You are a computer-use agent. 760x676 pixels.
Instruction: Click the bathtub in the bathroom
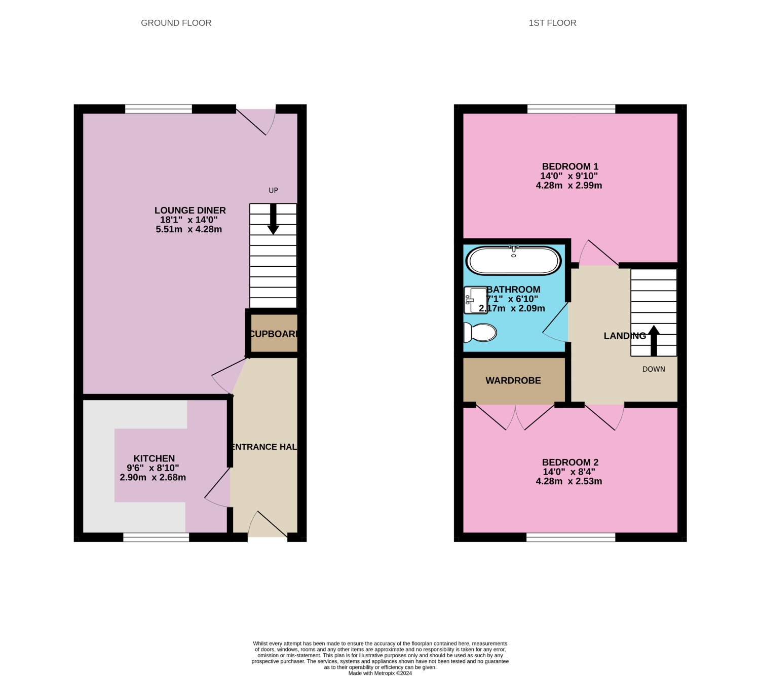513,261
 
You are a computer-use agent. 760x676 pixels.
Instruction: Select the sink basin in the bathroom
475,300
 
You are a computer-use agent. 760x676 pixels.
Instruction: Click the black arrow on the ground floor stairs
273,219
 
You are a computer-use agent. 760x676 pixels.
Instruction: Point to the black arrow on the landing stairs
654,340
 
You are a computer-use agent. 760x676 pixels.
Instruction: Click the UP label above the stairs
273,191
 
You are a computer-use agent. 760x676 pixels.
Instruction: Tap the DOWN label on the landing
654,369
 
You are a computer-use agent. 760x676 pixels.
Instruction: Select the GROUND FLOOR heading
176,23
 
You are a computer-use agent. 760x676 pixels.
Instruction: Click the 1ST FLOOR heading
552,23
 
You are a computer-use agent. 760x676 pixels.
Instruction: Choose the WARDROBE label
513,381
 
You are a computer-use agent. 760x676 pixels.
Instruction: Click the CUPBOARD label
274,334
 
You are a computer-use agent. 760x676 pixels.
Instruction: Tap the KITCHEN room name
154,458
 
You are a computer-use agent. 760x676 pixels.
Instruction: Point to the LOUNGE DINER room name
190,210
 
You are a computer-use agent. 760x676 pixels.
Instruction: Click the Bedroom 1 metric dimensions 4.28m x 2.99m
569,186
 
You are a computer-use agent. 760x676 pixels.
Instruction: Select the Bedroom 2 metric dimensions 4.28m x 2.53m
569,481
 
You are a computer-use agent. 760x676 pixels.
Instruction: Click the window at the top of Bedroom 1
571,109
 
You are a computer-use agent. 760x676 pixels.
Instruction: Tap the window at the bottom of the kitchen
156,538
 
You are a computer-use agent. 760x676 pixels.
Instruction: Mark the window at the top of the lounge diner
159,109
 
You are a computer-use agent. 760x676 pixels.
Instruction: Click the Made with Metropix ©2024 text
380,673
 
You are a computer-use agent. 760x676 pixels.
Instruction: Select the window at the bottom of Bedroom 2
571,538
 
